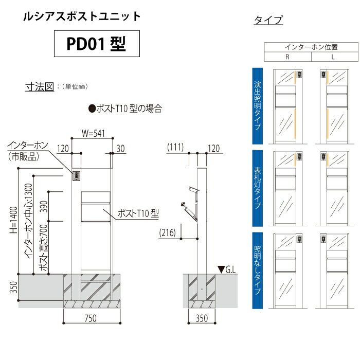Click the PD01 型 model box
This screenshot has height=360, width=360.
(x=97, y=44)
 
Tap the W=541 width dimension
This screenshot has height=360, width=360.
(x=93, y=133)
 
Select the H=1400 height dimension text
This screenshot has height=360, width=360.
(x=13, y=220)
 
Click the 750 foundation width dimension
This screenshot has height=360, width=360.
(x=91, y=318)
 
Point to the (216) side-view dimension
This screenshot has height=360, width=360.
(x=167, y=232)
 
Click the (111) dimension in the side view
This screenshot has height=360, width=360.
(x=175, y=147)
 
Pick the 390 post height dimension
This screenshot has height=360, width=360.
(x=44, y=206)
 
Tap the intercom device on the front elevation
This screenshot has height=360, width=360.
(x=77, y=176)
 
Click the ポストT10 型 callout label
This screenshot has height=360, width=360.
(x=138, y=213)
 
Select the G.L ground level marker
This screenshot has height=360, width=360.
(x=227, y=269)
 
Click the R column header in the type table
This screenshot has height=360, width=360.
(x=287, y=57)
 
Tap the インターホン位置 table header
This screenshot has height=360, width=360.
(x=311, y=47)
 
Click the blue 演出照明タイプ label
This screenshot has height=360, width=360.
(x=257, y=106)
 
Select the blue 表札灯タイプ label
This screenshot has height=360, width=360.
(x=257, y=188)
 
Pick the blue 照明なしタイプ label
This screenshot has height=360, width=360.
(x=257, y=271)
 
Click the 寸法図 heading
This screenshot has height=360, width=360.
(x=40, y=87)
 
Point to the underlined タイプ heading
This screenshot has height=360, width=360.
(x=268, y=20)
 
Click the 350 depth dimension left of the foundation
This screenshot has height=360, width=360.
(x=13, y=287)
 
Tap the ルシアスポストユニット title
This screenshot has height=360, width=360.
(x=82, y=16)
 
